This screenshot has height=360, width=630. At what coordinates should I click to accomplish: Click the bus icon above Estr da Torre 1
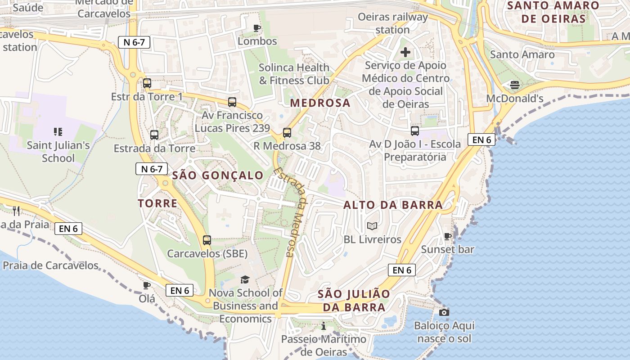pos(147,83)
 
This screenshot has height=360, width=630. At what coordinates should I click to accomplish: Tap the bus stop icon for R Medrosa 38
pos(287,133)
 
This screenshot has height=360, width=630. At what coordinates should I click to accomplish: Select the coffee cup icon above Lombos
pos(257,28)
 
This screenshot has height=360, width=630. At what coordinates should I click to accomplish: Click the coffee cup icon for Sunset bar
pos(447,236)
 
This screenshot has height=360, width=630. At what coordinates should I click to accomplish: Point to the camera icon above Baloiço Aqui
pos(444,312)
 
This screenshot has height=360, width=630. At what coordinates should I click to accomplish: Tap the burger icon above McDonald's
pos(515,85)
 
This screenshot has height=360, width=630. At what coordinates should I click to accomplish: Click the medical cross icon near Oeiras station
pos(405,52)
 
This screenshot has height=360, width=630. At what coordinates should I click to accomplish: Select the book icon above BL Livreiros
pos(372,226)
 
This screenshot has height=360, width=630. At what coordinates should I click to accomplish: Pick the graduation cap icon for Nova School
pos(245,280)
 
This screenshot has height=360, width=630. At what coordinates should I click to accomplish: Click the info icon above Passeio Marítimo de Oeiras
pos(323,326)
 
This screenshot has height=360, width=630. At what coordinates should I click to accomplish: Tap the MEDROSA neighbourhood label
pos(320,103)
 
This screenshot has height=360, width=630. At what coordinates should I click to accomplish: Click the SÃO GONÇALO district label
pos(218,175)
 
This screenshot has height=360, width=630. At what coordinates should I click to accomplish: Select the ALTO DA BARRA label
pos(393,205)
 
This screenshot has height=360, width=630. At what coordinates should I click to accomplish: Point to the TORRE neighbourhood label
pos(157,203)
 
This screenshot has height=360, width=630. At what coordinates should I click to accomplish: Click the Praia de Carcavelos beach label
pos(50,265)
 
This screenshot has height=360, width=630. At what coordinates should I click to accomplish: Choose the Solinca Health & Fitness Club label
pos(294,74)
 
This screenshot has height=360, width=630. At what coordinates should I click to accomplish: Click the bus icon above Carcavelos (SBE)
pos(207,240)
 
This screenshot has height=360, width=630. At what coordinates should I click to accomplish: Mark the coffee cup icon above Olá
pos(147,285)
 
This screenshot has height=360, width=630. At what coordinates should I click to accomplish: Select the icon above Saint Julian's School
pos(58,132)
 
